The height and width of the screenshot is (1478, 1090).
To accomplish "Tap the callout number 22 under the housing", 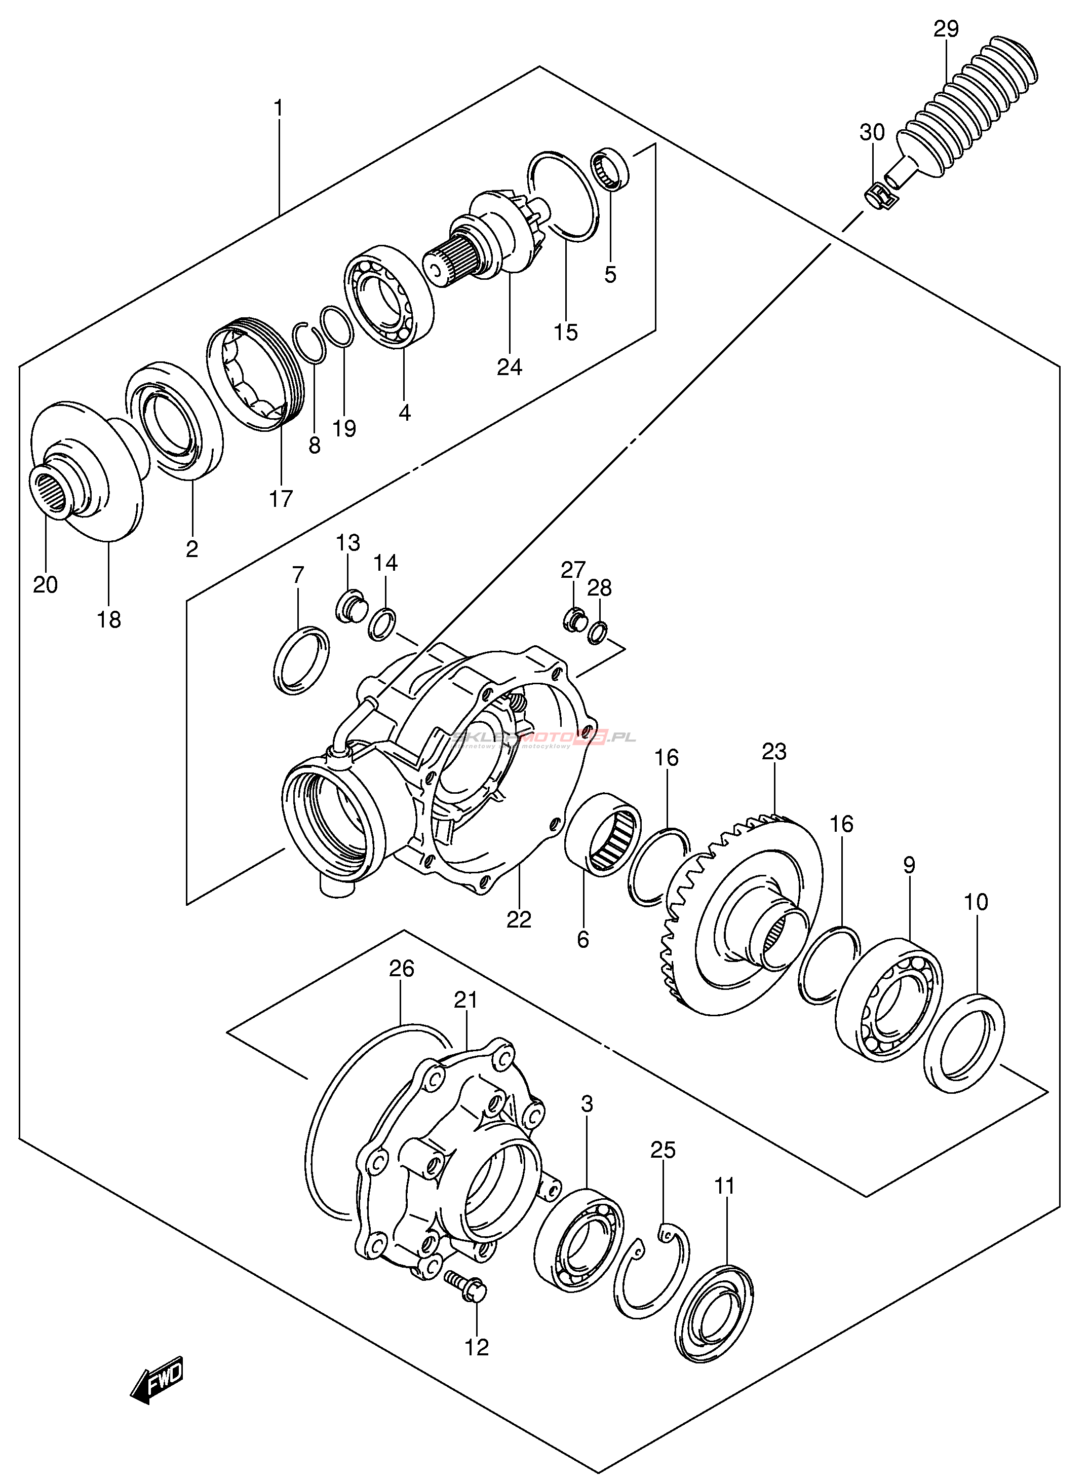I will click(x=519, y=919).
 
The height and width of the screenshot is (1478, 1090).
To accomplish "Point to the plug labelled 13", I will click(x=349, y=605).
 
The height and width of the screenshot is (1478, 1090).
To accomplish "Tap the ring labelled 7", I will click(x=301, y=660).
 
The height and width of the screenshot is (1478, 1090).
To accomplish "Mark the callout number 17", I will click(x=281, y=498).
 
